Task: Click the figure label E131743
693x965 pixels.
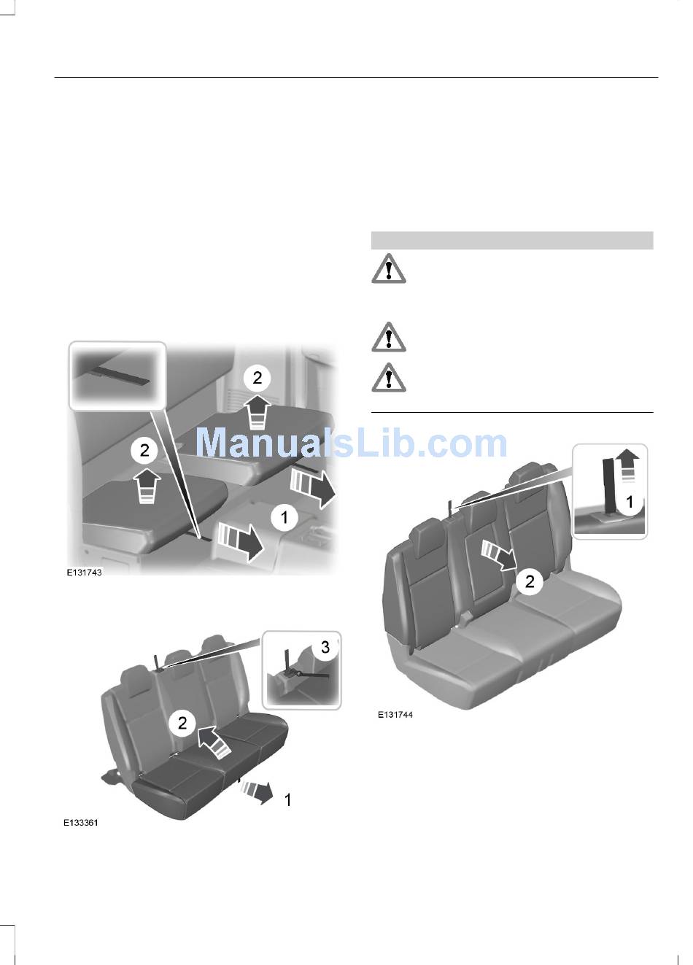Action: (x=84, y=573)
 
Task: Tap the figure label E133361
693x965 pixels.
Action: (x=81, y=823)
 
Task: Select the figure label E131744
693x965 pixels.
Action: (x=395, y=715)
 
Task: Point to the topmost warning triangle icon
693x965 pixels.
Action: (x=388, y=269)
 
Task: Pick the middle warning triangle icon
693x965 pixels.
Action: (x=388, y=337)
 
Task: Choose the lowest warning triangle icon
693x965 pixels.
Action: (x=388, y=378)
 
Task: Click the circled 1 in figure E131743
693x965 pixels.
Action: (x=284, y=517)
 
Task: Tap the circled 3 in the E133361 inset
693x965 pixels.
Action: (x=325, y=647)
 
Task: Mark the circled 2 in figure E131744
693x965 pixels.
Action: (x=530, y=581)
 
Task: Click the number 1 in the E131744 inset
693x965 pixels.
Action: (x=630, y=501)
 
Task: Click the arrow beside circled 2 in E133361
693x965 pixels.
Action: (x=214, y=740)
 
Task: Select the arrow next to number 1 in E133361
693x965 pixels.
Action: (x=258, y=791)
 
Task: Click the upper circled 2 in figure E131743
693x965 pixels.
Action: (x=257, y=377)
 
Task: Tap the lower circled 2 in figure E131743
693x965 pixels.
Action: (x=144, y=450)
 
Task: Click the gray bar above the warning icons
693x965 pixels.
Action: (x=512, y=240)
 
